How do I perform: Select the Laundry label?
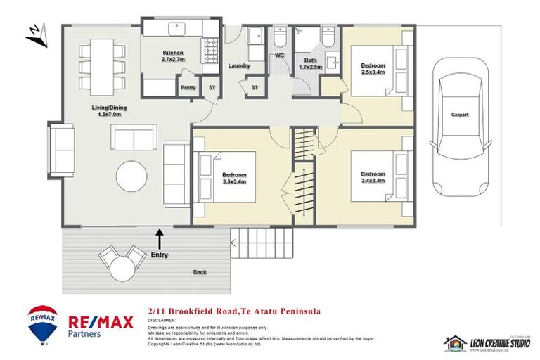click(240, 65)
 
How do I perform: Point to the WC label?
click(279, 54)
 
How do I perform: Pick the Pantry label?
click(188, 87)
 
